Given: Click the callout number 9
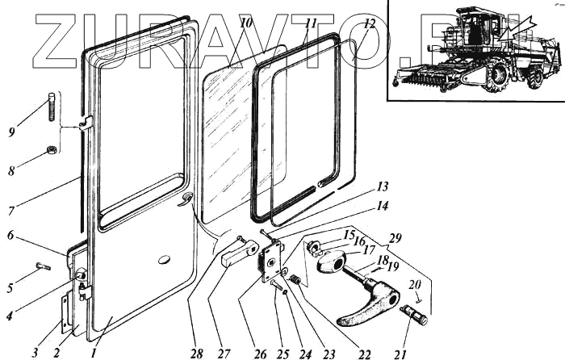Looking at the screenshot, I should [11, 130].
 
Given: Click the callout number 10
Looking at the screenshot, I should [246, 23].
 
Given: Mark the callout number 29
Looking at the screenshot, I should [395, 238].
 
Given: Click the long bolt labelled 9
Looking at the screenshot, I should [52, 106].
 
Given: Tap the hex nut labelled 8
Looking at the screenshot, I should [51, 149].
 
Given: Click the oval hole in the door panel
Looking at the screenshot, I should [165, 260].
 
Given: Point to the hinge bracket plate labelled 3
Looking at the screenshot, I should [66, 311].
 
